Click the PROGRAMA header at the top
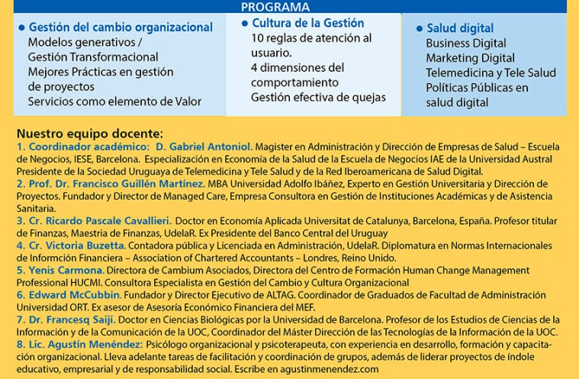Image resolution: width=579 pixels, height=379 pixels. (x=275, y=7)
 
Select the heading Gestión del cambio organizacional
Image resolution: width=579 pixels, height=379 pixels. (x=121, y=28)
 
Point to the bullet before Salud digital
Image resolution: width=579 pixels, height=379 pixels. (x=420, y=29)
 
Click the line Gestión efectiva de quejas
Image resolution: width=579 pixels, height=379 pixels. (x=318, y=97)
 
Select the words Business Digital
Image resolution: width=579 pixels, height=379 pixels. (x=466, y=44)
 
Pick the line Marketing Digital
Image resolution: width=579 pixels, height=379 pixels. (x=470, y=58)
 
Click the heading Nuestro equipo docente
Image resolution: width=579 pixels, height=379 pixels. (x=90, y=131)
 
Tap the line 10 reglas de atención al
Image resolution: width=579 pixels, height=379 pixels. (x=311, y=38)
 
